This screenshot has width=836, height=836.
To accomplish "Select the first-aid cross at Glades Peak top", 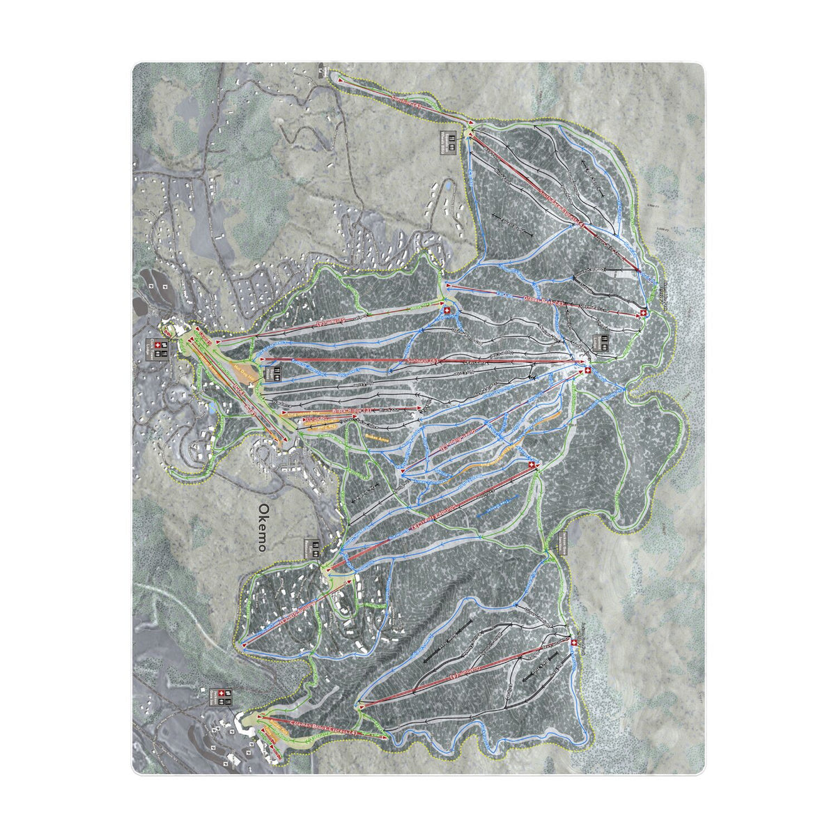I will tap(642, 313).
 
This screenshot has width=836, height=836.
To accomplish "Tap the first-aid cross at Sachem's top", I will tap(573, 642).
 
